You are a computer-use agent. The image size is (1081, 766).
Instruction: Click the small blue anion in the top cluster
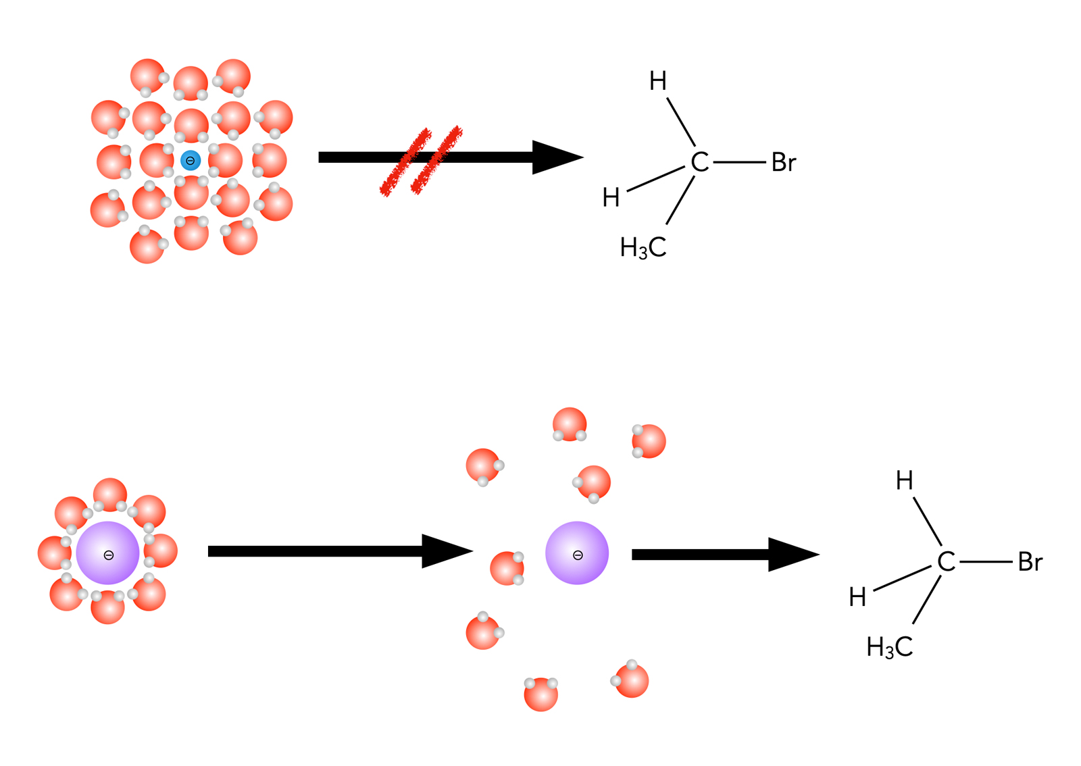coord(191,161)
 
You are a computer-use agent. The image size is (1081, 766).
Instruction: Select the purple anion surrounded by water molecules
coord(108,553)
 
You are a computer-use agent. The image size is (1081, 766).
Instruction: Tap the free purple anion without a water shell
coord(577,553)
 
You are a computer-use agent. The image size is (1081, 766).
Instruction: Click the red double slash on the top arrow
coord(422,161)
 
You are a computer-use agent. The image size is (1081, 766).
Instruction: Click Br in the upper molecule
coord(784,163)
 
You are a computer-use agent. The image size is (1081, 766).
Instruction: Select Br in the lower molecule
coord(1030,562)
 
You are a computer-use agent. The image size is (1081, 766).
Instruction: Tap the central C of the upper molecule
coord(700,163)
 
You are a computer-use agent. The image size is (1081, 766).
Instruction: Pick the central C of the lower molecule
coord(947,562)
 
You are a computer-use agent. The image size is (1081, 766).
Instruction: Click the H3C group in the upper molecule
coord(643,248)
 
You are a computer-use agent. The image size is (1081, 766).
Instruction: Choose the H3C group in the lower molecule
coord(890,647)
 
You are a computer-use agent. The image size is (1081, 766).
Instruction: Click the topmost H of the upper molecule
coord(658,82)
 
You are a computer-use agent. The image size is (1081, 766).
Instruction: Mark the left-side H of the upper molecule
coord(611,198)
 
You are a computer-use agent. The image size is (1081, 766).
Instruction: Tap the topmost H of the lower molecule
coord(905,481)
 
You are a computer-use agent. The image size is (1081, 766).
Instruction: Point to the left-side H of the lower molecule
coord(858,597)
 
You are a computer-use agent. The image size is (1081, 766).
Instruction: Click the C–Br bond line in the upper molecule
coord(739,163)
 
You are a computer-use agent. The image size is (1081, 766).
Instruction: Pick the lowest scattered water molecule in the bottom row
coord(541,694)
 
